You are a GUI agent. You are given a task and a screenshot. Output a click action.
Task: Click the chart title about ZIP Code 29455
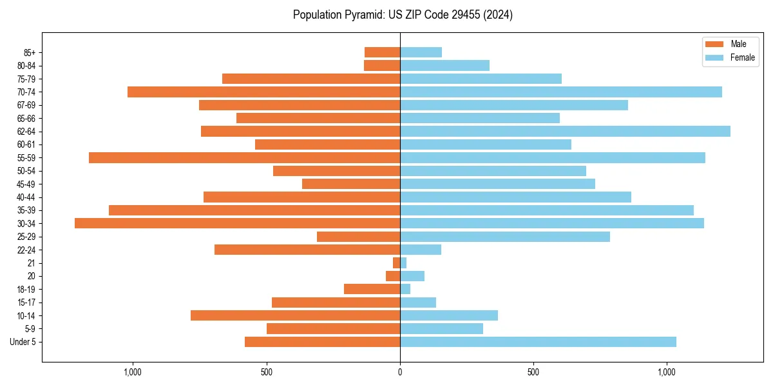pos(403,15)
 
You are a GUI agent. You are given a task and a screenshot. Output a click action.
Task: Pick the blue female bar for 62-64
pos(565,131)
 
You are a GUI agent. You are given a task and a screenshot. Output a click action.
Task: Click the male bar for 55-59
pos(244,157)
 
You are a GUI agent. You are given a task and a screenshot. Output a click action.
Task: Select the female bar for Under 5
pos(538,342)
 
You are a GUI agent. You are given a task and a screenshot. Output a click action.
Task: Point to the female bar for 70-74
pos(560,92)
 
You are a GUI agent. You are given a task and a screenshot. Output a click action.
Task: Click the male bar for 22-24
pos(307,250)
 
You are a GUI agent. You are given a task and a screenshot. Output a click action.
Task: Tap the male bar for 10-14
pos(295,315)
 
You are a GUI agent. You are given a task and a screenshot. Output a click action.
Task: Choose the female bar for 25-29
pos(505,237)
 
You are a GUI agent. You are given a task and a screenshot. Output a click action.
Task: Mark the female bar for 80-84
pos(444,65)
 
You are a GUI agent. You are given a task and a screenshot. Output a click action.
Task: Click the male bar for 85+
pos(382,52)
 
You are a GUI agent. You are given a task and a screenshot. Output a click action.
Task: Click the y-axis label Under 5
pos(23,342)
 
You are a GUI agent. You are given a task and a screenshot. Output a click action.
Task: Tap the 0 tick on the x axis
pos(400,372)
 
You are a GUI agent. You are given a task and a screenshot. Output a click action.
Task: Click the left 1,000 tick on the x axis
pos(132,372)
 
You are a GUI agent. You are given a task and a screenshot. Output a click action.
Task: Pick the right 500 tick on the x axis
pos(533,372)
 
